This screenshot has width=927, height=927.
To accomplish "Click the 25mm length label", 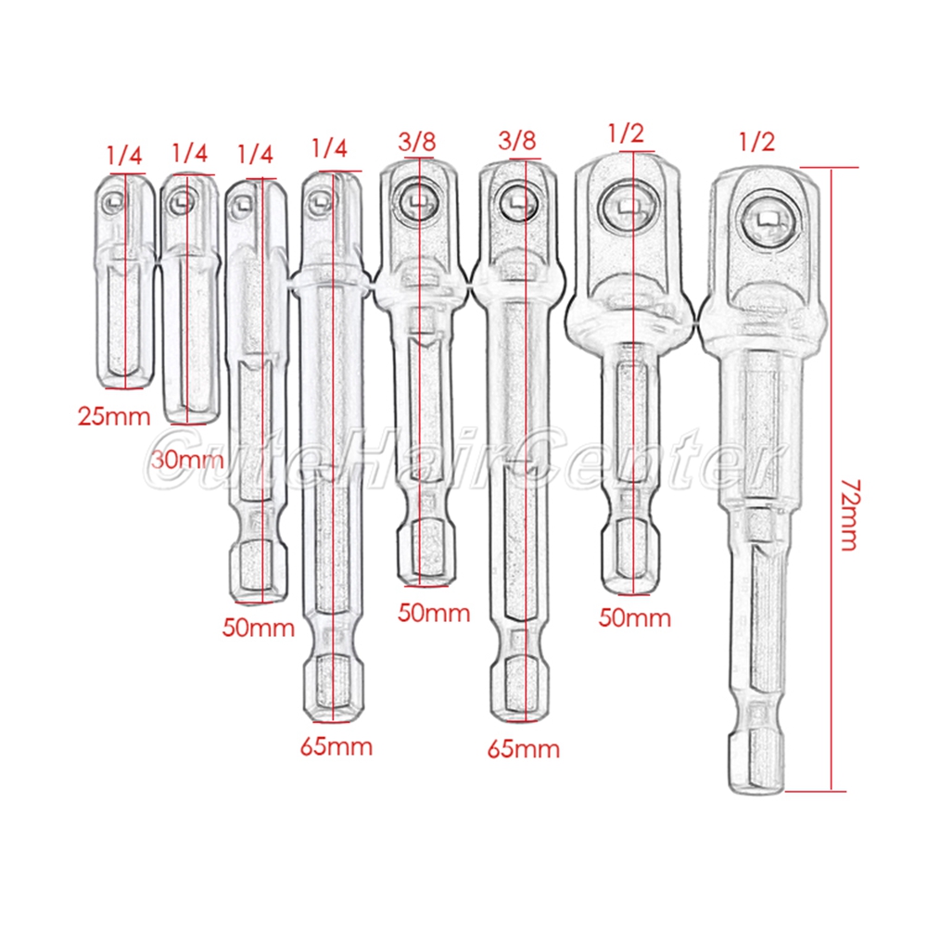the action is (x=114, y=416).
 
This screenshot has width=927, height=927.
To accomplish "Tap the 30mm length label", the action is (x=187, y=460).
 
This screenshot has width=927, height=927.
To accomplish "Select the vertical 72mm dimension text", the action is (x=850, y=515).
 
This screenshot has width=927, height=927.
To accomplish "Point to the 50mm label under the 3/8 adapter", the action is (x=434, y=613).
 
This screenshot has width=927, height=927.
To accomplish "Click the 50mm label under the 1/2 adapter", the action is (x=635, y=617).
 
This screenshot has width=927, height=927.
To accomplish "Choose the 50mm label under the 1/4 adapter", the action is (x=259, y=628).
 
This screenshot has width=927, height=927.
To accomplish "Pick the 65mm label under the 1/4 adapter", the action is (x=337, y=746).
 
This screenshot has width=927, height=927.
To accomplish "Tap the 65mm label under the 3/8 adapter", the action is (x=524, y=749).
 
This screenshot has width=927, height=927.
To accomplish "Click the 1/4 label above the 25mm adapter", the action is (x=124, y=156).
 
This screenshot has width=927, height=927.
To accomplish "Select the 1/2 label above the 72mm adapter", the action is (x=756, y=141).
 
